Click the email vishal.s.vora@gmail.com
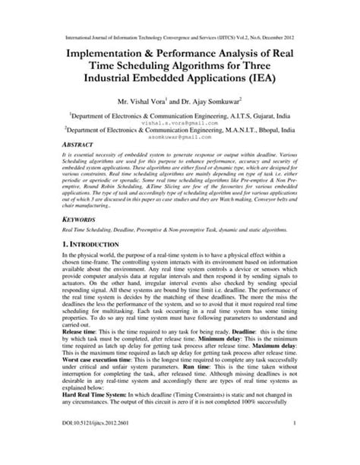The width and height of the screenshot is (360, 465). (x=179, y=121)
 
